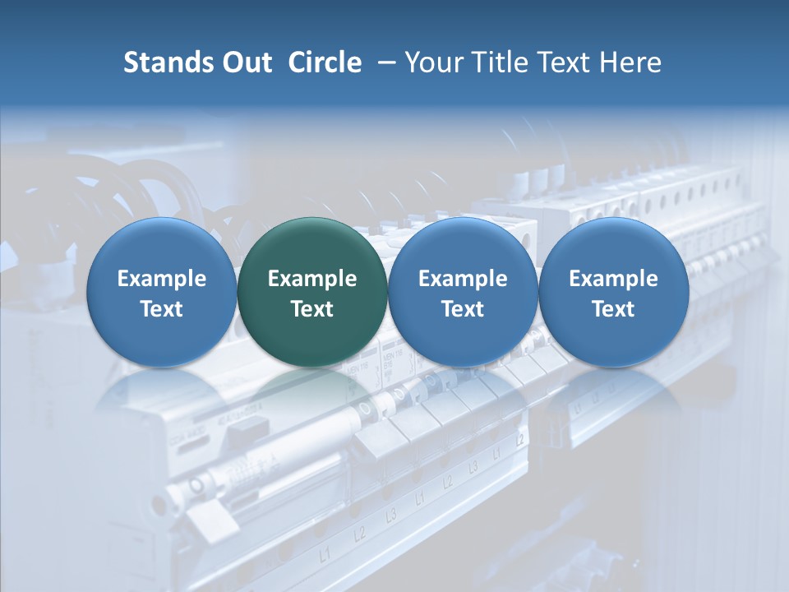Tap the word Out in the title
[245, 62]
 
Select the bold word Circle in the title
[325, 62]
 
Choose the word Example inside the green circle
[312, 279]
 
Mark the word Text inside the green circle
[312, 309]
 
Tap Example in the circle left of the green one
[162, 279]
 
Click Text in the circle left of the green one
[162, 309]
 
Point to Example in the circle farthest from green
[614, 279]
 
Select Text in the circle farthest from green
[614, 309]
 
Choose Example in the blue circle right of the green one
[463, 279]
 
